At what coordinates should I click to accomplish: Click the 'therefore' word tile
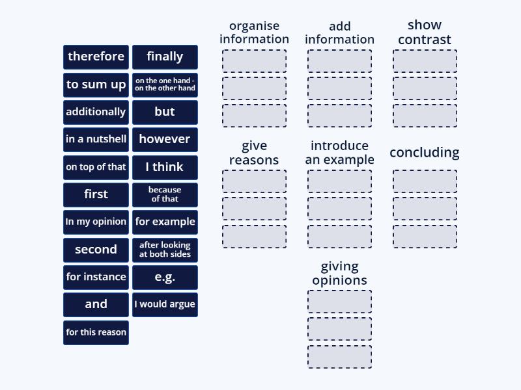(96, 57)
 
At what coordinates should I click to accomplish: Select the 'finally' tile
(165, 57)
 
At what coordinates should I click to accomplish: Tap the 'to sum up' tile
(96, 84)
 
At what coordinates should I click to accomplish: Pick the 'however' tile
(165, 139)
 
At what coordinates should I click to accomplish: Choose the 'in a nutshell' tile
(96, 139)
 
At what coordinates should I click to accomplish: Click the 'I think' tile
(165, 167)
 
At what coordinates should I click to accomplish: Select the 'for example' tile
(165, 222)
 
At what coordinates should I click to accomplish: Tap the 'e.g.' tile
(165, 277)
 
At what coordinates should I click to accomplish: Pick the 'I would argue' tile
(165, 304)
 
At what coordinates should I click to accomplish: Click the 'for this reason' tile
(96, 332)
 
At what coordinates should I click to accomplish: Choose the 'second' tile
(96, 250)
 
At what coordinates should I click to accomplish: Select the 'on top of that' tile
(96, 167)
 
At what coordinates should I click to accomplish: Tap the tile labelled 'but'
(165, 112)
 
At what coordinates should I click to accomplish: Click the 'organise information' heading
(254, 32)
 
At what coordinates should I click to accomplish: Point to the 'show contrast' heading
(425, 32)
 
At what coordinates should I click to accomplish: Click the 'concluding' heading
(425, 153)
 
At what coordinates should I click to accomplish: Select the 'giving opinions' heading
(339, 274)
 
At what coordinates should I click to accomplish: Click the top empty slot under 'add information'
(339, 61)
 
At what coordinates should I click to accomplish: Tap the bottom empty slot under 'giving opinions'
(339, 357)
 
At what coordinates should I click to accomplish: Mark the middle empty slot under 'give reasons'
(254, 209)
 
